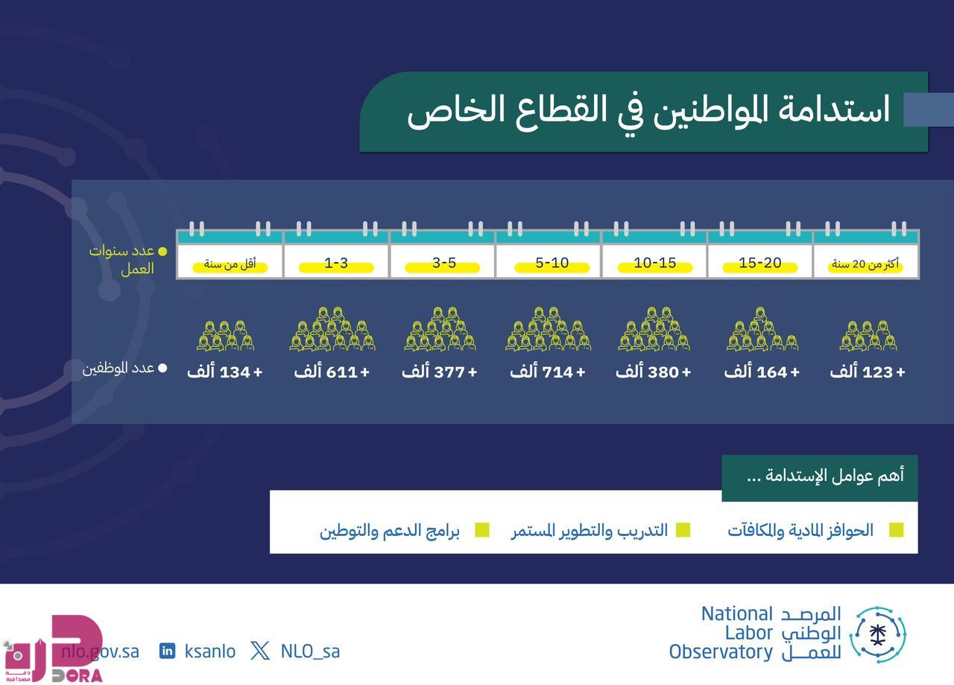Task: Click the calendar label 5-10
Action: [552, 263]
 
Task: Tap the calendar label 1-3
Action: [336, 263]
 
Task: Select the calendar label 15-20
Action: [760, 263]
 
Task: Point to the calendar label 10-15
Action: [655, 263]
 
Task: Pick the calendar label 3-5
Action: [444, 263]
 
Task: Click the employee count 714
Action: [557, 372]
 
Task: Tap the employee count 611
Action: [341, 372]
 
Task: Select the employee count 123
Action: [877, 372]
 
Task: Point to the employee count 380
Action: [663, 372]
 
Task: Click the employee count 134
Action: [235, 372]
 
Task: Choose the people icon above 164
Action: [762, 329]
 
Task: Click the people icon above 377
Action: [440, 329]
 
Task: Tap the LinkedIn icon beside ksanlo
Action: [167, 651]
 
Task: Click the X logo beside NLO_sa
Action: [260, 651]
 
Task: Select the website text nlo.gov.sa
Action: [101, 651]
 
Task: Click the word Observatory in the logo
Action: [721, 651]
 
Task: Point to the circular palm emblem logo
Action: [878, 635]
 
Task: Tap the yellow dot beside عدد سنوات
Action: [162, 252]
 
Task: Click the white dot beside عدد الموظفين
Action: [162, 368]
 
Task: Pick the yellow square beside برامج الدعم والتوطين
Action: [481, 530]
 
